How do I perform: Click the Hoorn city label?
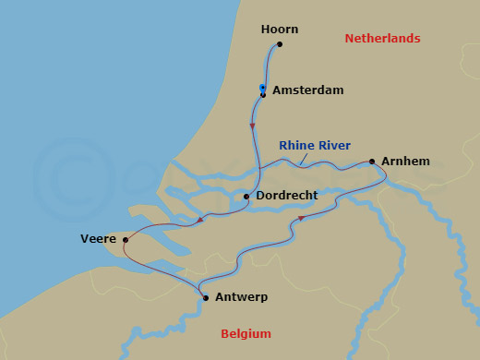280,30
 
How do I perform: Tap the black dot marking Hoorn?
280,44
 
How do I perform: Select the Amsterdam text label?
308,90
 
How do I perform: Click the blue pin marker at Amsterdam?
263,88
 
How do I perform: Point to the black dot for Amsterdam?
263,94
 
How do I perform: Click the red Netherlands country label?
382,39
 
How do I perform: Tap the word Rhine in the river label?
297,145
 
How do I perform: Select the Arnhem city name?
406,162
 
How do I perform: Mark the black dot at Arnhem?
372,162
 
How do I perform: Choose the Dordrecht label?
286,196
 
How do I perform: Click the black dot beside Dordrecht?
246,196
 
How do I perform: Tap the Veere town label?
98,239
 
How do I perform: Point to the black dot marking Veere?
126,239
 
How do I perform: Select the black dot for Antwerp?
205,298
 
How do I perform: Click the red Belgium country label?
246,333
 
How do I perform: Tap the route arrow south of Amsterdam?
253,126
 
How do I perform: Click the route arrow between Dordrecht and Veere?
200,220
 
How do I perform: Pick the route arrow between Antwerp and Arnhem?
300,219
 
